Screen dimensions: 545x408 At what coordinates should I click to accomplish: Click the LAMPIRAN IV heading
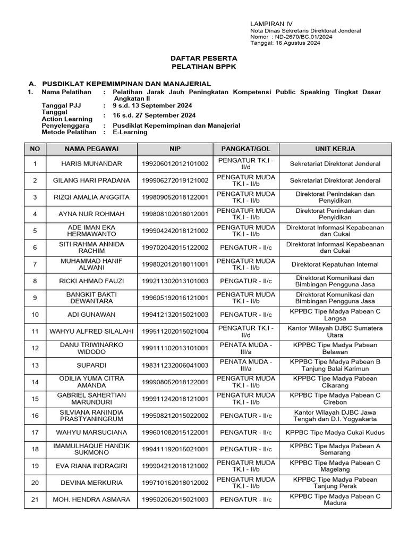pyautogui.click(x=271, y=24)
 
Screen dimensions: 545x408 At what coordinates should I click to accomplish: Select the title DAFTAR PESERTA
pyautogui.click(x=204, y=57)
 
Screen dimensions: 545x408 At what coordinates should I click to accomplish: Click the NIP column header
pyautogui.click(x=175, y=148)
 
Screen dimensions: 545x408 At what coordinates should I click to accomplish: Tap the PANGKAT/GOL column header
pyautogui.click(x=246, y=148)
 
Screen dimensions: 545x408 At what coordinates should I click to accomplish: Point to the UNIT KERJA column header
pyautogui.click(x=335, y=148)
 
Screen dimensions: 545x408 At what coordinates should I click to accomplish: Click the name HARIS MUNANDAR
pyautogui.click(x=91, y=163)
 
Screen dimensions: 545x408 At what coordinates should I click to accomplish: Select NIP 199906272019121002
pyautogui.click(x=175, y=180)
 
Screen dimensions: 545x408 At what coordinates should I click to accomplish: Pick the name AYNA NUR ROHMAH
pyautogui.click(x=91, y=214)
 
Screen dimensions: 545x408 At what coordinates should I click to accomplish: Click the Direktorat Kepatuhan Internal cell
pyautogui.click(x=335, y=264)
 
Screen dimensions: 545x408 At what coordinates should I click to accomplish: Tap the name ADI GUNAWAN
pyautogui.click(x=91, y=315)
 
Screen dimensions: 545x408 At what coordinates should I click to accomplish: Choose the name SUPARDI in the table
pyautogui.click(x=91, y=365)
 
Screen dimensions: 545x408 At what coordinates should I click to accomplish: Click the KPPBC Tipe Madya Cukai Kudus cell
pyautogui.click(x=335, y=432)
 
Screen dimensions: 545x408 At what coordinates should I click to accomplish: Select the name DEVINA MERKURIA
pyautogui.click(x=91, y=483)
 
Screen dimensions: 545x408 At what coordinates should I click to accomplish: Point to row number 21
pyautogui.click(x=35, y=499)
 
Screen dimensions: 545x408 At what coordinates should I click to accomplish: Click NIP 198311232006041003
pyautogui.click(x=175, y=365)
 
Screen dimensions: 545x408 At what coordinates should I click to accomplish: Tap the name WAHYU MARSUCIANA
pyautogui.click(x=91, y=432)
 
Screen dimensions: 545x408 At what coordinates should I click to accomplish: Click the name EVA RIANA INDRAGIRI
pyautogui.click(x=91, y=466)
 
